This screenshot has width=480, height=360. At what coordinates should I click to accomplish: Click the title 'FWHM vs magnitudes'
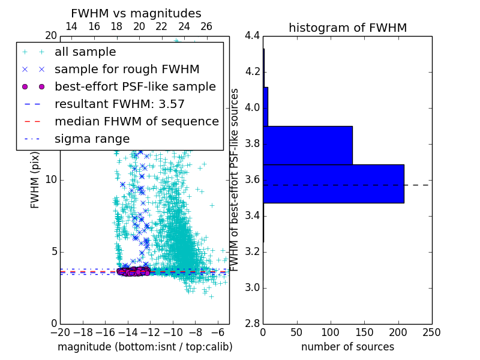(136, 13)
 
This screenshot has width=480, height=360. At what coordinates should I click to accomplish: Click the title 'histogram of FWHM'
(347, 28)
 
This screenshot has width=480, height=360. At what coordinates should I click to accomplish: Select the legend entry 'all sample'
(85, 52)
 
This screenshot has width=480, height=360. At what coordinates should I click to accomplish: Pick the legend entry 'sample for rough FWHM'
(127, 69)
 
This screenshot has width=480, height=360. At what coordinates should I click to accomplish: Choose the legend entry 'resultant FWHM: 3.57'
(119, 104)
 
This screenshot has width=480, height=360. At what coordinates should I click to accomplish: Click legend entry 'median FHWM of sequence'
(136, 121)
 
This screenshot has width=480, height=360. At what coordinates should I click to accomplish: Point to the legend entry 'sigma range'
(92, 139)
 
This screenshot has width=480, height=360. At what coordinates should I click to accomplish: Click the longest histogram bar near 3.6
(333, 184)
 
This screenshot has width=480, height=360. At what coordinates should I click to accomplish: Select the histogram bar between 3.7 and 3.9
(307, 145)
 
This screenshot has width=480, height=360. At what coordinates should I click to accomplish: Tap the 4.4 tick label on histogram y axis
(253, 35)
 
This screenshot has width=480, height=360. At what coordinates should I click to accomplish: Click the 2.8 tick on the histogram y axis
(253, 323)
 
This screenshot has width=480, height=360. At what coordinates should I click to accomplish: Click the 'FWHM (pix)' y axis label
(35, 179)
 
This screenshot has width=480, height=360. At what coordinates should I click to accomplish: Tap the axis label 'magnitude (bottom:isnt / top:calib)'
(145, 347)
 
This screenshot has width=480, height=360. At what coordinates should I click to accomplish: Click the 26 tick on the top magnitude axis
(206, 26)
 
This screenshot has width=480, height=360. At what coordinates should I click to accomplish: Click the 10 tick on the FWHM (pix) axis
(50, 179)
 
